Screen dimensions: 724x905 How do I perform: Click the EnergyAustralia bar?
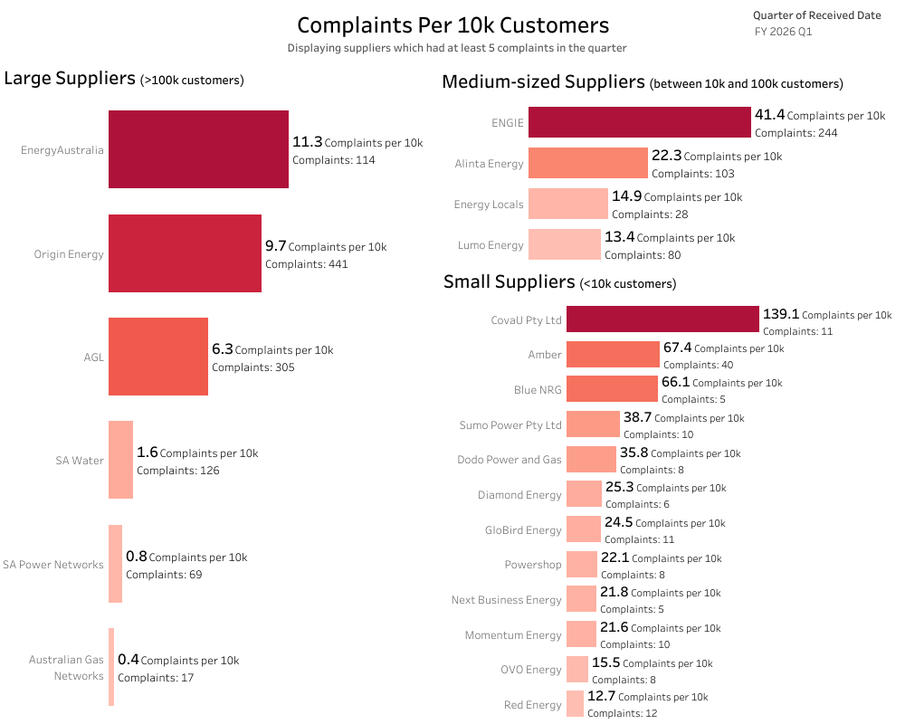tap(198, 149)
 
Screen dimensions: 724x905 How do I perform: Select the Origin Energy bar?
tap(185, 253)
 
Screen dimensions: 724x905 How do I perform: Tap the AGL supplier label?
tap(93, 357)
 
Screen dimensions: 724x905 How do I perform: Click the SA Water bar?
tap(120, 460)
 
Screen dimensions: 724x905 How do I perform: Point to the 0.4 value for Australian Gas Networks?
tap(129, 661)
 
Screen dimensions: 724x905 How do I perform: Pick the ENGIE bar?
tap(640, 123)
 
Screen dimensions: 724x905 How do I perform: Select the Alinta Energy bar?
tap(588, 164)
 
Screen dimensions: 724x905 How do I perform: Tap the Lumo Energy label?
tap(491, 245)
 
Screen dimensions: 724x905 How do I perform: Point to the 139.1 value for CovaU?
tap(781, 314)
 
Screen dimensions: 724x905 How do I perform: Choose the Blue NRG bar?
tap(612, 389)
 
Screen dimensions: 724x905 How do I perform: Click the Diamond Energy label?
tap(519, 495)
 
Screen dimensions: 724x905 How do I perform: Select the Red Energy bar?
tap(575, 704)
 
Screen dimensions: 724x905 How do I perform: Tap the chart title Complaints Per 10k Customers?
tap(452, 25)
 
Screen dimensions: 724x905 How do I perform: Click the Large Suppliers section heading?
tap(69, 79)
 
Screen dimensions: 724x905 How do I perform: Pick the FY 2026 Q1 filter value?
tap(783, 32)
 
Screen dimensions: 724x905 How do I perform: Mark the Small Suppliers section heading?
tap(509, 282)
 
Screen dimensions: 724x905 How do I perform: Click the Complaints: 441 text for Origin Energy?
tap(306, 264)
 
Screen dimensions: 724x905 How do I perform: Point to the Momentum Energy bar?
tap(578, 634)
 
